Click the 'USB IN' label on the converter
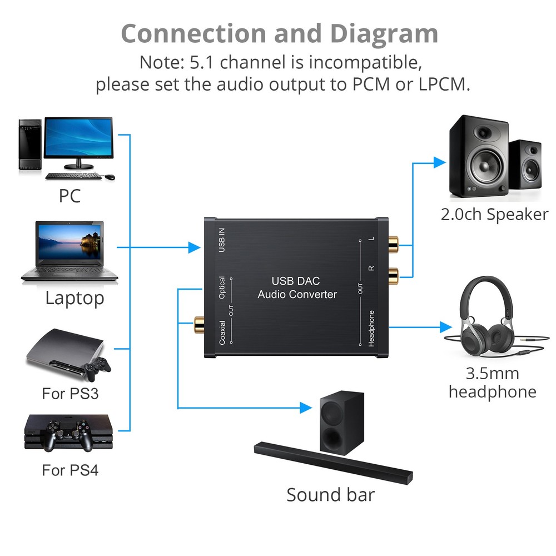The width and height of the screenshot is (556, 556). (222, 240)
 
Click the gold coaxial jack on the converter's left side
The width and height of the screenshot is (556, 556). (198, 323)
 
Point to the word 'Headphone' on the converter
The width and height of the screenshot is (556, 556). (371, 328)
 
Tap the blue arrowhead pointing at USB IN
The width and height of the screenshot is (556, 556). (194, 247)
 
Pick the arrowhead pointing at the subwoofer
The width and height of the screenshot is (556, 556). (306, 408)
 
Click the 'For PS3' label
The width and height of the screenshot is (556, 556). (70, 394)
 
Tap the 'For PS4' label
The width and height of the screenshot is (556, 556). (70, 470)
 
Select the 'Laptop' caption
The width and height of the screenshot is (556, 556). (75, 298)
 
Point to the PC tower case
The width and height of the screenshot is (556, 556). (30, 145)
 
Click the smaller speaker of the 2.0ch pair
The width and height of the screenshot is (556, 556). (525, 165)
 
